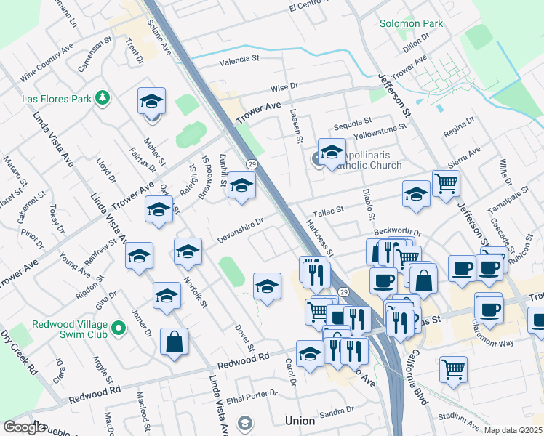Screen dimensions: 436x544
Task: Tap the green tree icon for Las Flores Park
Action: pyautogui.click(x=103, y=97)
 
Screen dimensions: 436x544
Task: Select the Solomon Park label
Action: pyautogui.click(x=411, y=23)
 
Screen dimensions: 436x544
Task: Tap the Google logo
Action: pyautogui.click(x=24, y=427)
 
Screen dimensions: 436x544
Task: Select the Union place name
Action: pyautogui.click(x=300, y=421)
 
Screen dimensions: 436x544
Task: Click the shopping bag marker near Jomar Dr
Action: pyautogui.click(x=175, y=342)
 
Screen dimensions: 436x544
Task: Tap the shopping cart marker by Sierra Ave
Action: pyautogui.click(x=446, y=182)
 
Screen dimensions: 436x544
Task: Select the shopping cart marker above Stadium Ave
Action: pyautogui.click(x=453, y=368)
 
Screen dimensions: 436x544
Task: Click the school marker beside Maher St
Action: pyautogui.click(x=152, y=102)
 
